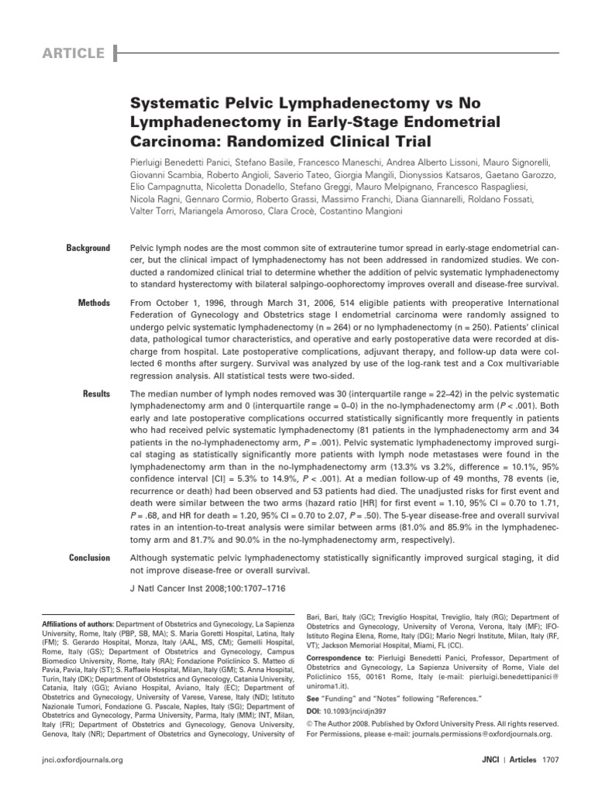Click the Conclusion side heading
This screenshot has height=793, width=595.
click(x=89, y=558)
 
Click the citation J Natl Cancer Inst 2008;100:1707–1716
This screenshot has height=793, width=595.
click(x=207, y=589)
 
